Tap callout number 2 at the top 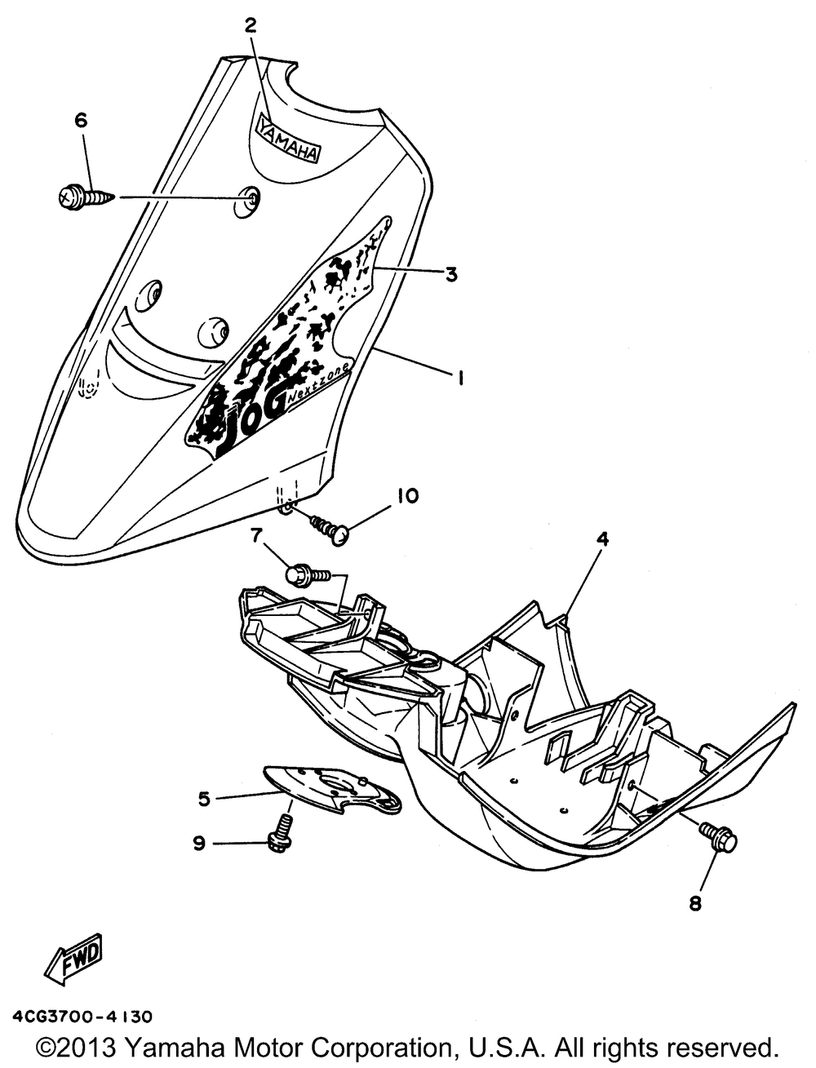pyautogui.click(x=251, y=25)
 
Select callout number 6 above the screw pyautogui.click(x=80, y=121)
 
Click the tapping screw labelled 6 pyautogui.click(x=85, y=197)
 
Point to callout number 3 pyautogui.click(x=450, y=275)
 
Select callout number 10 pyautogui.click(x=408, y=495)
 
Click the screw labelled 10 pyautogui.click(x=330, y=526)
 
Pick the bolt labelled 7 pyautogui.click(x=307, y=575)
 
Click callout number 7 pyautogui.click(x=255, y=536)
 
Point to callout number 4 pyautogui.click(x=602, y=539)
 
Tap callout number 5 pyautogui.click(x=203, y=797)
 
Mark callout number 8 pyautogui.click(x=695, y=902)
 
